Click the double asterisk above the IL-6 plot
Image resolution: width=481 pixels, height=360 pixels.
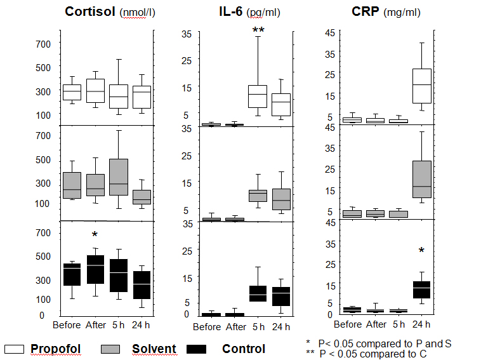[x=258, y=31]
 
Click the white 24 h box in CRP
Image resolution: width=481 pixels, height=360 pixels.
[x=422, y=86]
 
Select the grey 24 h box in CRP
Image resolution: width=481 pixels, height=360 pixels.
[x=422, y=179]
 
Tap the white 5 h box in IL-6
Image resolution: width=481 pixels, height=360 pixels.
[x=258, y=97]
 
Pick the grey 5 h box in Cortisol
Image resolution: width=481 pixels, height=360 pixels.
[x=119, y=177]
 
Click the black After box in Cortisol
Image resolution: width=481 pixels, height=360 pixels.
[x=95, y=269]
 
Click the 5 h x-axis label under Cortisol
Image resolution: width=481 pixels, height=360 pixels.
[x=119, y=325]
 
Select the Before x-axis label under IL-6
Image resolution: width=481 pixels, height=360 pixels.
[x=206, y=327]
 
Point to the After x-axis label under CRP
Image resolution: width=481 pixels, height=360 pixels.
[x=376, y=324]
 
